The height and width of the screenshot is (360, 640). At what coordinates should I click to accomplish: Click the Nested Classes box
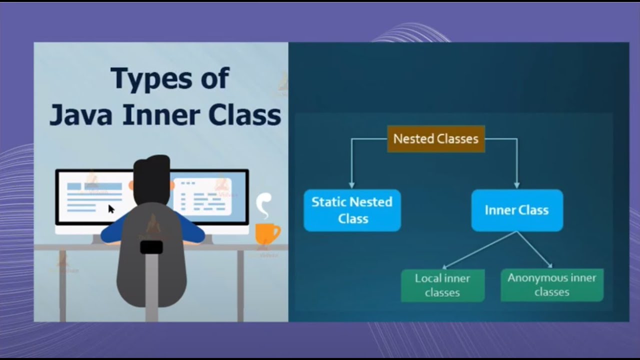click(x=435, y=139)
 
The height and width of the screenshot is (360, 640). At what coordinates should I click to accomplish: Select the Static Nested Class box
click(x=352, y=210)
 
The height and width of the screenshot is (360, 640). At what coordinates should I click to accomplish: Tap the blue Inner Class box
click(x=516, y=210)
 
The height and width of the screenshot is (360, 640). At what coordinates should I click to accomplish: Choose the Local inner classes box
click(x=442, y=285)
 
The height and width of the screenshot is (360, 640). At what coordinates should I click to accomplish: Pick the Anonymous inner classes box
click(x=551, y=285)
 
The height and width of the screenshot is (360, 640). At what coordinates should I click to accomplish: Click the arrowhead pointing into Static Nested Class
click(x=351, y=184)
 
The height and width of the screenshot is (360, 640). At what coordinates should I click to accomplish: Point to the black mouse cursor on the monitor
click(x=111, y=209)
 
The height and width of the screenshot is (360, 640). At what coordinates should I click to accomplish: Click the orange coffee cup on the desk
click(x=266, y=233)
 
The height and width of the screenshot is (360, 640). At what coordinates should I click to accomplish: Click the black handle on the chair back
click(x=151, y=247)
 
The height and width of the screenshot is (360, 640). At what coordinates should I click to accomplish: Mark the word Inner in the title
click(x=162, y=115)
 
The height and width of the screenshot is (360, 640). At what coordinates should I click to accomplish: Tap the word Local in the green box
click(x=428, y=278)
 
